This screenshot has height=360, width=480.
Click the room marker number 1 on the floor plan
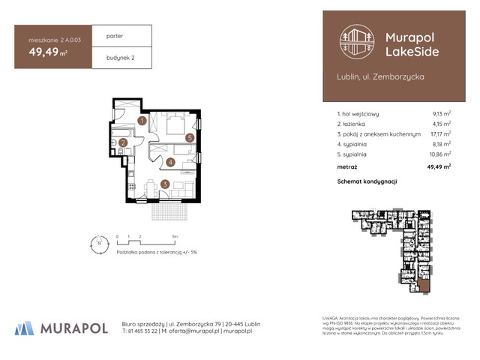tap(142, 121)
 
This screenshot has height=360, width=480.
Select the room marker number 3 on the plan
tap(164, 184)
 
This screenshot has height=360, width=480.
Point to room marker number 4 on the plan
tap(171, 162)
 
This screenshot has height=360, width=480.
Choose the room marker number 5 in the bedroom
tap(190, 138)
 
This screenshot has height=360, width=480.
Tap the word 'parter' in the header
tap(115, 35)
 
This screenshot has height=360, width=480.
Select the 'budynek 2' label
tap(120, 57)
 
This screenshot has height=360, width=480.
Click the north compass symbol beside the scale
tap(96, 241)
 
